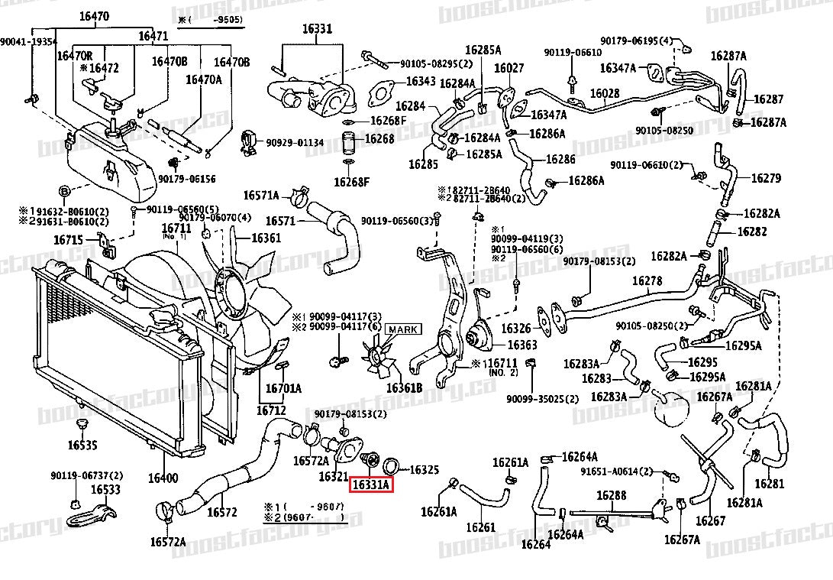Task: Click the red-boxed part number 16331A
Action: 371,484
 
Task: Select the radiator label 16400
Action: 163,478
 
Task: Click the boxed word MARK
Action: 402,329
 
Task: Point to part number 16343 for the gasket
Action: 420,80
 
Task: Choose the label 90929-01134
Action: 295,142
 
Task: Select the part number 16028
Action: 604,93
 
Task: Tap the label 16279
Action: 766,178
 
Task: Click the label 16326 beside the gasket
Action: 515,329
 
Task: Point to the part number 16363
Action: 522,345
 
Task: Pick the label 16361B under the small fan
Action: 404,387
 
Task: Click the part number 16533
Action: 106,489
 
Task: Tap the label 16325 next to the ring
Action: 425,469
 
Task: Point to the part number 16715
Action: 68,240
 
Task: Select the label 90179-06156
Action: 187,179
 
